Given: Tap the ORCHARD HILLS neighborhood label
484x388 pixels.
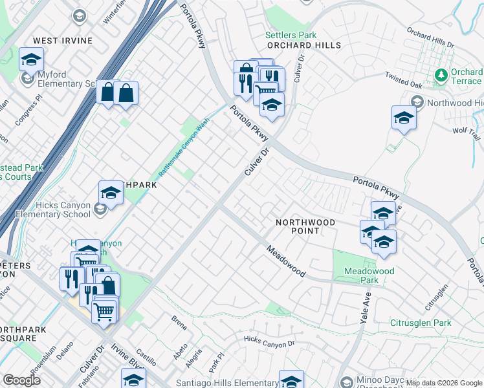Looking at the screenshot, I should pyautogui.click(x=304, y=46).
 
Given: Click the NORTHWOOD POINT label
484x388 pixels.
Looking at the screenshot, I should pyautogui.click(x=305, y=226).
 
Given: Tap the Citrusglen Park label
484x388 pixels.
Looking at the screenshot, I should pyautogui.click(x=421, y=323).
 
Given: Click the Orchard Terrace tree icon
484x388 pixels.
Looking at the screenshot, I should pyautogui.click(x=441, y=76).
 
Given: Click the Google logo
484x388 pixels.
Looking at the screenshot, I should pyautogui.click(x=21, y=380).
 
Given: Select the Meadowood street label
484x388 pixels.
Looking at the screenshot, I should pyautogui.click(x=285, y=261).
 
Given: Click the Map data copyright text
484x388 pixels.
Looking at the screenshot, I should pyautogui.click(x=443, y=383).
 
